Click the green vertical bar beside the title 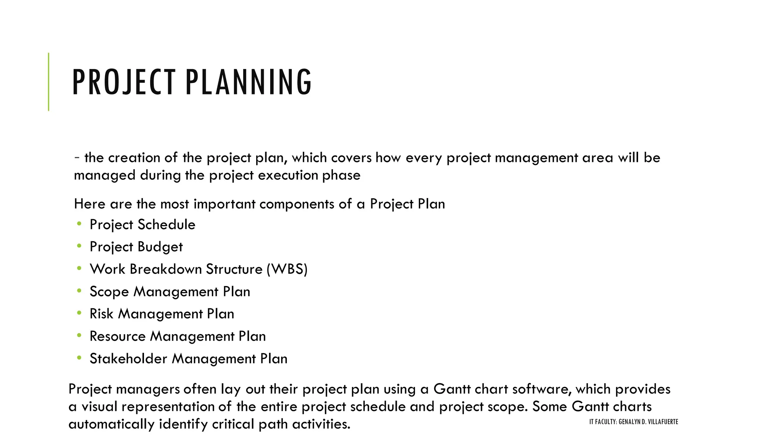tap(48, 82)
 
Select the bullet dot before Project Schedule tap(79, 224)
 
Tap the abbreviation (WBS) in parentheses tap(287, 269)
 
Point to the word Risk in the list tap(101, 314)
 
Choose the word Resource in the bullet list tap(117, 336)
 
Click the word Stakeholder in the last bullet tap(128, 359)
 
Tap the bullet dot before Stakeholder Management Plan tap(79, 358)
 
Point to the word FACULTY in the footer tap(605, 422)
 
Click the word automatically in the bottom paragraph tap(111, 424)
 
